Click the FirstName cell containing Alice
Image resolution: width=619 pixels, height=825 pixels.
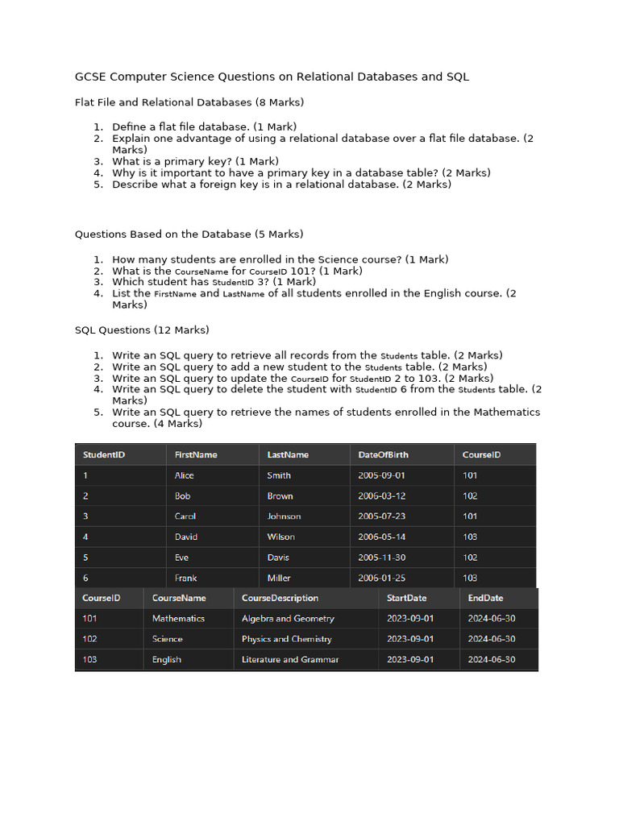[185, 475]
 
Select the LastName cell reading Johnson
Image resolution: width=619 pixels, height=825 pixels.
[284, 516]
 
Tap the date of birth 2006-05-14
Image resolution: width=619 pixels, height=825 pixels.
[382, 537]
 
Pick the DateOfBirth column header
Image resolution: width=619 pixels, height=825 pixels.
[384, 454]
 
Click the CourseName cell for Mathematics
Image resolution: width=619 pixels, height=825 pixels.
[178, 619]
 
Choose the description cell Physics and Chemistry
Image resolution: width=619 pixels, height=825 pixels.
[287, 639]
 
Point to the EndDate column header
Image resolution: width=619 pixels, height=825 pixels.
[485, 598]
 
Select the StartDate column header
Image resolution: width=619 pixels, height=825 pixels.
[407, 598]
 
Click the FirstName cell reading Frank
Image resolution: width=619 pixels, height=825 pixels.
[185, 578]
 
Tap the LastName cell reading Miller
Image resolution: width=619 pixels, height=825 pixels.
[279, 578]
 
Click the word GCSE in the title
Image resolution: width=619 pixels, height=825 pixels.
[89, 77]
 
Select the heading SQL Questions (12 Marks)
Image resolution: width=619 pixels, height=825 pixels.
[142, 330]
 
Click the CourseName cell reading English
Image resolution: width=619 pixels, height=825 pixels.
[167, 660]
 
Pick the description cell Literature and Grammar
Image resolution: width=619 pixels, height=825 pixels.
[290, 660]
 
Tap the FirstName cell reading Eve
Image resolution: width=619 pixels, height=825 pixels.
[181, 558]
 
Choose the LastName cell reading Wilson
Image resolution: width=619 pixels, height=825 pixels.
[280, 537]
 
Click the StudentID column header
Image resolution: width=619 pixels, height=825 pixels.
[104, 454]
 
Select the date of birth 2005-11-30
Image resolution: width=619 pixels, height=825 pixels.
[382, 558]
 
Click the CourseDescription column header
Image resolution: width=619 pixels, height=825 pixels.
[280, 598]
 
